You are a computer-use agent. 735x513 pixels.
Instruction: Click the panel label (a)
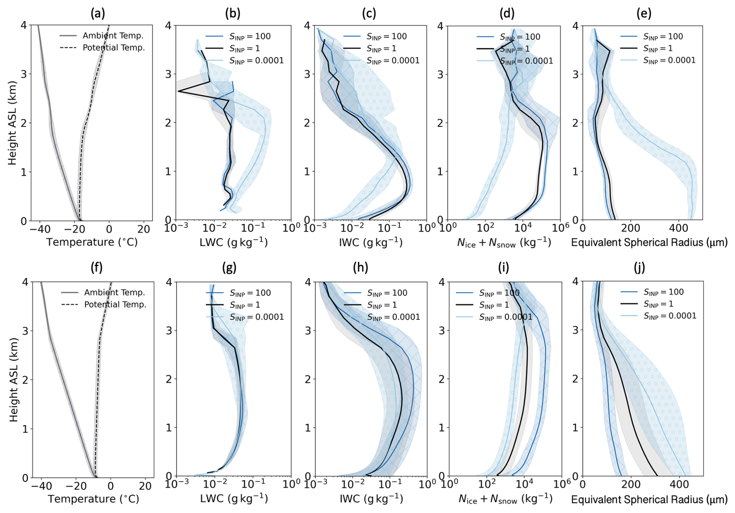pos(98,14)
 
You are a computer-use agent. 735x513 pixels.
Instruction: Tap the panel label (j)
pos(639,267)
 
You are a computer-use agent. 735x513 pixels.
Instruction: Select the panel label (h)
pos(360,267)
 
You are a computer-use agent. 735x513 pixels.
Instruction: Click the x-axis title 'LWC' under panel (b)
pos(233,242)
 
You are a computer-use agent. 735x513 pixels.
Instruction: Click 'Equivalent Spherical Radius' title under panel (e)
pos(649,243)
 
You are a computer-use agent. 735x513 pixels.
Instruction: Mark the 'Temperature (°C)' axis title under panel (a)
pos(92,242)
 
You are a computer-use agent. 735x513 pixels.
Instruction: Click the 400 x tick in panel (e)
pos(678,228)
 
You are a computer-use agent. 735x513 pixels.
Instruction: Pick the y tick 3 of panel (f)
pos(25,331)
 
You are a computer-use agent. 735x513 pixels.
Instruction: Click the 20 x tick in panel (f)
pos(145,486)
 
